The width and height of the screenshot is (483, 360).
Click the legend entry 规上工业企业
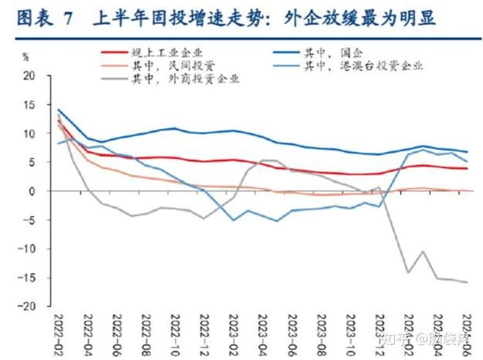click(x=166, y=52)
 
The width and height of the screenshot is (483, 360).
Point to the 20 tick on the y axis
click(x=30, y=76)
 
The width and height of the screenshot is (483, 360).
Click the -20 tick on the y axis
click(x=28, y=306)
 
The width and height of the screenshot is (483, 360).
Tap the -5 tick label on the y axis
click(x=30, y=220)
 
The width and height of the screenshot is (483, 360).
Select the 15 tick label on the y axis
click(x=30, y=105)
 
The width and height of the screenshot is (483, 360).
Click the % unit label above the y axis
click(x=25, y=57)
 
